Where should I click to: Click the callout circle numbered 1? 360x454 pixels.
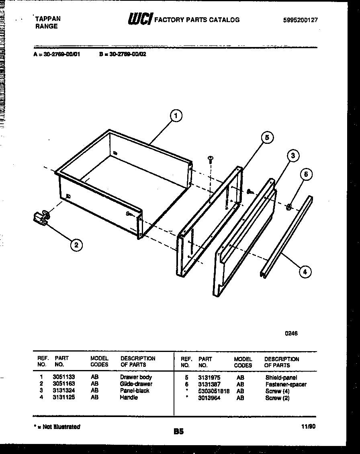(175, 116)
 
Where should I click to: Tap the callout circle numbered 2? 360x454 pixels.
(77, 245)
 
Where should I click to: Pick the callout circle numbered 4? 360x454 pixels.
(305, 272)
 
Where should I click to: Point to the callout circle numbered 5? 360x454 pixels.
(266, 138)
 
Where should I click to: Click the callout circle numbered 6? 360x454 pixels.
(306, 174)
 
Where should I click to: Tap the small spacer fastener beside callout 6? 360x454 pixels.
(288, 207)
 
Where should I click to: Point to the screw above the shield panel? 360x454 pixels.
(210, 160)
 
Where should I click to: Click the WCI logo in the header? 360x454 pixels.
(140, 19)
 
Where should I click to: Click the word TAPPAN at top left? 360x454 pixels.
(48, 19)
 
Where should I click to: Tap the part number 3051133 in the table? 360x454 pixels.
(63, 377)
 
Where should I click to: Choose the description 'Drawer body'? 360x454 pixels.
(136, 377)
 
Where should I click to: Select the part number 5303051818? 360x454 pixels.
(214, 391)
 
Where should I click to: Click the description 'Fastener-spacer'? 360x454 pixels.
(286, 384)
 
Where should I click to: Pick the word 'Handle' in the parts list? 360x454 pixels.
(129, 397)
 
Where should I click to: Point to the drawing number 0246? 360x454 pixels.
(291, 333)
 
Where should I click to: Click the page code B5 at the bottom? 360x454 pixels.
(178, 432)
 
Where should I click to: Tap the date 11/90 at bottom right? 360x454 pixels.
(309, 427)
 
